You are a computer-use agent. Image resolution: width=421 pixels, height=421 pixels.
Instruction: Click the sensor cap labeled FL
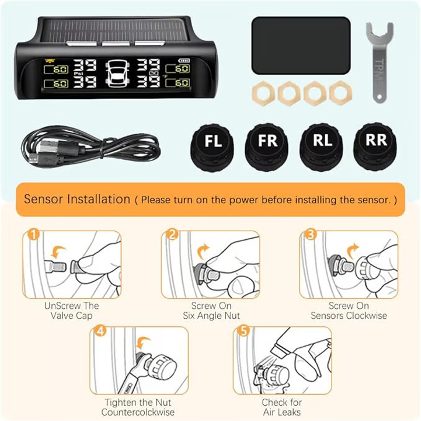tap(212, 148)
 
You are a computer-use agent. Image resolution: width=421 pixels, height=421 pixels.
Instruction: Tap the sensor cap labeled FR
tap(267, 148)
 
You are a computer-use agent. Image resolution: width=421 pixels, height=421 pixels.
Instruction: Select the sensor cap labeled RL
tap(322, 147)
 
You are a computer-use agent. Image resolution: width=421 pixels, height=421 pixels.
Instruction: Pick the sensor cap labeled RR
tap(375, 146)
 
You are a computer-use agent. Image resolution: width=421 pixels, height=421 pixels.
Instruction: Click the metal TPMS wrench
tap(379, 62)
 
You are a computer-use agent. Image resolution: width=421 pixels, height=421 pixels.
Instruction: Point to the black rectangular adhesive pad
tap(301, 45)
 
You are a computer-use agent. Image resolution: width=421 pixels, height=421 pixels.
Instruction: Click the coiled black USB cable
tap(91, 147)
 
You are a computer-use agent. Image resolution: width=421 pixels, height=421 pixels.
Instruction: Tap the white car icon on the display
tap(117, 74)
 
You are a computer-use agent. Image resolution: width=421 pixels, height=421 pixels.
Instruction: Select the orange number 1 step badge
tap(33, 234)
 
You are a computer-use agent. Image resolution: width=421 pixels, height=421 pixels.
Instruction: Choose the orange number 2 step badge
tap(172, 234)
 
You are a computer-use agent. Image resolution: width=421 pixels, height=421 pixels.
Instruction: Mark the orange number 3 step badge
tap(310, 234)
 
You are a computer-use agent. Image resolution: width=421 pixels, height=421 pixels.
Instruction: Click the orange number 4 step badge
tap(101, 331)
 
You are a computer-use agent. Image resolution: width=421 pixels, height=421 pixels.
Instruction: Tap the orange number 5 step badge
tap(244, 331)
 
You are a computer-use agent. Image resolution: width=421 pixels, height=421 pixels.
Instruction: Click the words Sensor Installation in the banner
tap(77, 199)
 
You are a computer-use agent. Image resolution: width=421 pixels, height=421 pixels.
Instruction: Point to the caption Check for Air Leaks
tap(282, 407)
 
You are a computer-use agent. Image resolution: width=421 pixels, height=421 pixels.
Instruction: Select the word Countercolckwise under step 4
tap(138, 412)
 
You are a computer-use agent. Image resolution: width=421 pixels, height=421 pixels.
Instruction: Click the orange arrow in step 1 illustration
tap(58, 252)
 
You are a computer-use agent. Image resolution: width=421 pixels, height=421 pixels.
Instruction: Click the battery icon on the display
tap(184, 61)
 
